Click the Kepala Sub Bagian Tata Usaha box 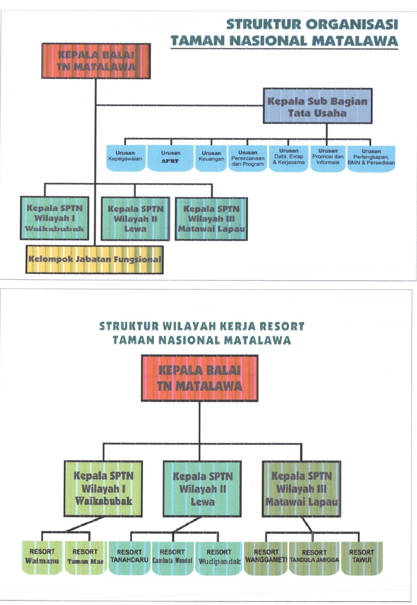click(318, 106)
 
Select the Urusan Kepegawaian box click(125, 158)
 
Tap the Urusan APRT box click(170, 158)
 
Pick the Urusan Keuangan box click(211, 158)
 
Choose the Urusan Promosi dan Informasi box click(328, 158)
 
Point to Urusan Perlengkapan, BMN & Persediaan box click(371, 158)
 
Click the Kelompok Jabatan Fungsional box click(95, 260)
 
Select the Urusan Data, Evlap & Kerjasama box click(289, 158)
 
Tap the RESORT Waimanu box click(42, 557)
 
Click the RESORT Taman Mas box click(85, 557)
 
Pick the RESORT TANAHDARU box click(129, 557)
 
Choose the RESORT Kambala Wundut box click(172, 557)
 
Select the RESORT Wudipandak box click(219, 557)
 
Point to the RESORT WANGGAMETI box click(266, 557)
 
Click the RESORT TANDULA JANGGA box click(314, 557)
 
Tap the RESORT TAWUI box click(362, 557)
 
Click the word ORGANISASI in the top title click(352, 25)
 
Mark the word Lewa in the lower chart click(202, 502)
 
